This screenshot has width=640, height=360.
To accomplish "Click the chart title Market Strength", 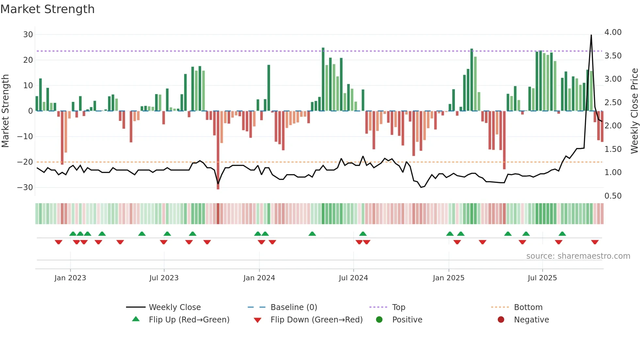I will point(47,9).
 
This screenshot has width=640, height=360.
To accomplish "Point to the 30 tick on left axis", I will point(28,35).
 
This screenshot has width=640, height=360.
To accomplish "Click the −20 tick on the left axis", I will point(25,162).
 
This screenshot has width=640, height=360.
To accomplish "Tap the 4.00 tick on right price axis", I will point(613,32).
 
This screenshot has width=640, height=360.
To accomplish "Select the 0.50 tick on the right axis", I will point(613,196).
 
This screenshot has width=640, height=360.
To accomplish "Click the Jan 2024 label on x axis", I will point(259,278).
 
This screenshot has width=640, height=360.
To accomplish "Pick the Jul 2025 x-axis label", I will point(542,278).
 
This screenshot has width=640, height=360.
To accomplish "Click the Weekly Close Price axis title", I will point(634,111).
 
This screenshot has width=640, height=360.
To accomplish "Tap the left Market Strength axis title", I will point(6,111).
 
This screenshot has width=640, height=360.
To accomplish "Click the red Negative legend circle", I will point(501,320).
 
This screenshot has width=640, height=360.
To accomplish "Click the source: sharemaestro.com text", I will point(578,256).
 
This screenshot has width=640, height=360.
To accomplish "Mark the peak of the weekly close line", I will point(591,35).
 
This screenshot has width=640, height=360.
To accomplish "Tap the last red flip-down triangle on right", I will point(595,242).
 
